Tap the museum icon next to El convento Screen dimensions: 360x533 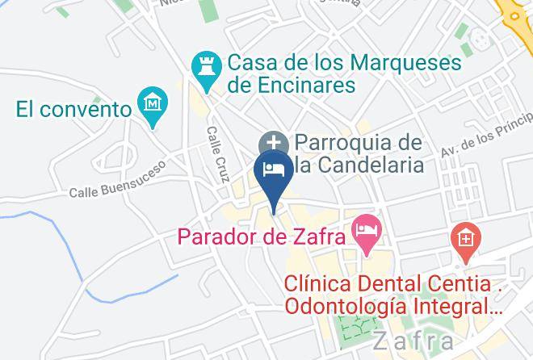click(x=151, y=106)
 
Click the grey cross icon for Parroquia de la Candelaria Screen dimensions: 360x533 click(x=270, y=143)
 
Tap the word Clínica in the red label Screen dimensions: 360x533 click(x=321, y=285)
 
